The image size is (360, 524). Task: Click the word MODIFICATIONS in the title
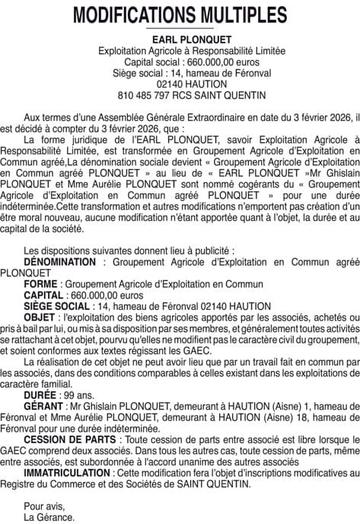129,16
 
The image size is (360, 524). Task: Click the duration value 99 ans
78,396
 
